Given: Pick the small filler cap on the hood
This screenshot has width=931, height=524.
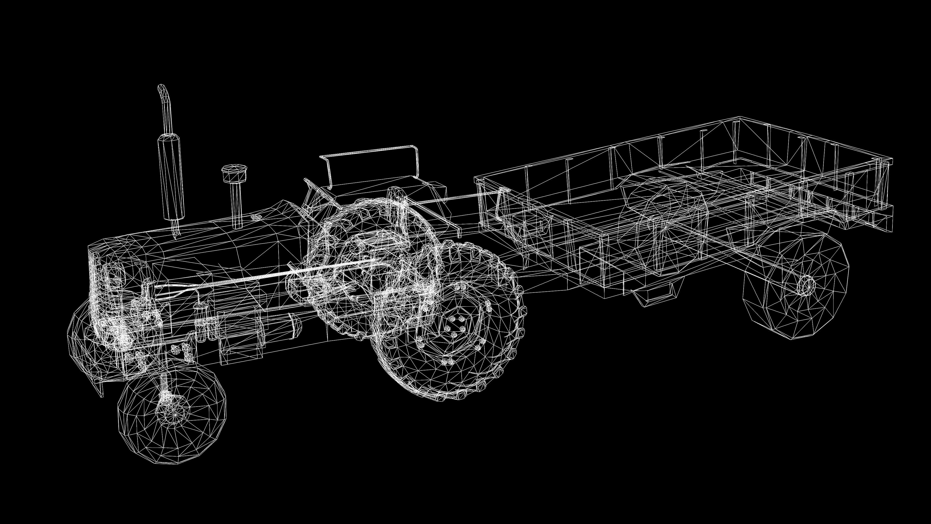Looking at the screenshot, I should coord(256,217).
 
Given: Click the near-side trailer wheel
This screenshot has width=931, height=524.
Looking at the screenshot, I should coord(795,286).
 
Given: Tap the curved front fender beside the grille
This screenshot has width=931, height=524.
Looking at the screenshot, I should coord(81,347).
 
